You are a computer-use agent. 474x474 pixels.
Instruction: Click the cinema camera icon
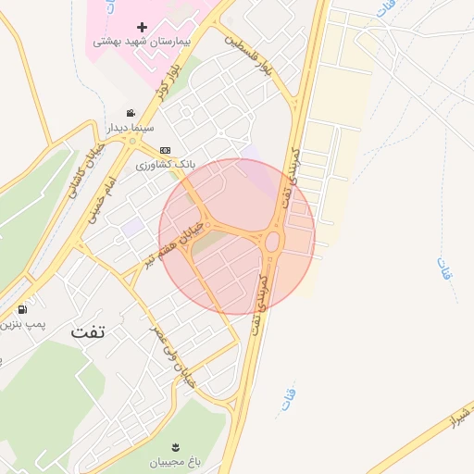[143, 112]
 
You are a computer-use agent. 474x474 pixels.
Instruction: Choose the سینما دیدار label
[135, 127]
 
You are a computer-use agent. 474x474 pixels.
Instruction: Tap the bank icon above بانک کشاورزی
[165, 150]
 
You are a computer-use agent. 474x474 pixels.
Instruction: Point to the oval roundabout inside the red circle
[272, 243]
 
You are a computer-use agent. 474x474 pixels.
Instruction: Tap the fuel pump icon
[21, 309]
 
